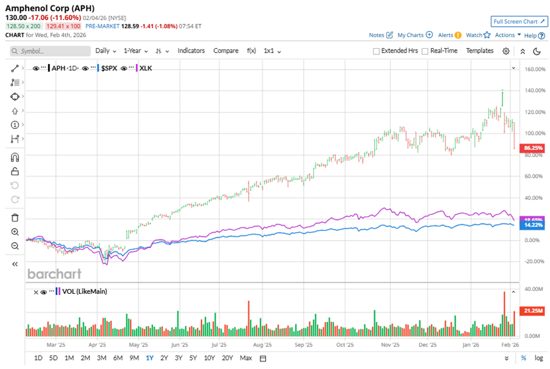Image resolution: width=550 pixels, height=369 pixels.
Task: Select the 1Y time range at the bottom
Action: [149, 358]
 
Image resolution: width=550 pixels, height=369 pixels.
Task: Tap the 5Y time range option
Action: [193, 358]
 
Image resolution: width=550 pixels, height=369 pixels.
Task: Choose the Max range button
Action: [246, 358]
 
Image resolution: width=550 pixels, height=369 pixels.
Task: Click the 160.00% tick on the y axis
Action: [534, 69]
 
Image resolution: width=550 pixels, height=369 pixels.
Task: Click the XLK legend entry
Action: [146, 68]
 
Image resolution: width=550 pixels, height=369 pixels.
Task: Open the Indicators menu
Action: [191, 51]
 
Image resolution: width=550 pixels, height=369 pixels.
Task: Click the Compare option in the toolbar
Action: [226, 51]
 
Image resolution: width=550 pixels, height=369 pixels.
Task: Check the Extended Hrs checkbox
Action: [376, 51]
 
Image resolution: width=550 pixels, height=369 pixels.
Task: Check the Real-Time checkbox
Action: [425, 51]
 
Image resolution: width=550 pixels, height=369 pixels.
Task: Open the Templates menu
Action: [480, 51]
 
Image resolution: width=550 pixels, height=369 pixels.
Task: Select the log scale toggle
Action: [538, 358]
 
